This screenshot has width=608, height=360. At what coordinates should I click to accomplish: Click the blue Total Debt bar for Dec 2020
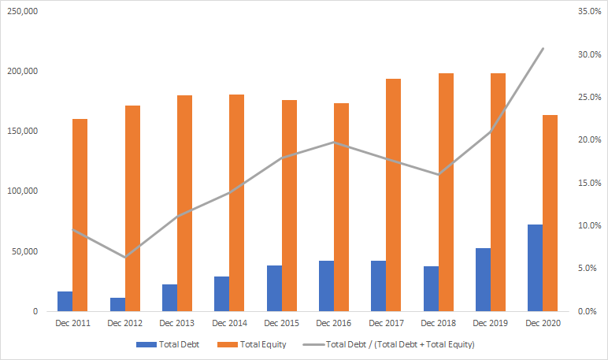(535, 268)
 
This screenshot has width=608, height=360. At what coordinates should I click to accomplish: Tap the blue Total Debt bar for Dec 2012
(117, 304)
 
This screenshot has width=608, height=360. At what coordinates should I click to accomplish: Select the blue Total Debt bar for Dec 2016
(326, 286)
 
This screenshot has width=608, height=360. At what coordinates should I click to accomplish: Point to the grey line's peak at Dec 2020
(543, 49)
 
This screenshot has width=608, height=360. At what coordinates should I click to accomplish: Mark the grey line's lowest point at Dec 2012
(125, 258)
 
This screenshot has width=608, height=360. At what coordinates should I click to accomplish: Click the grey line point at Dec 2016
(334, 143)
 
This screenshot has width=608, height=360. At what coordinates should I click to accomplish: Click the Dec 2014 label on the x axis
(229, 323)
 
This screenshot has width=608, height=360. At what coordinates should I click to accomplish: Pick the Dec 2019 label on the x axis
(490, 323)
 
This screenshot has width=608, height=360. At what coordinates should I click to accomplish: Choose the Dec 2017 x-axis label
(386, 323)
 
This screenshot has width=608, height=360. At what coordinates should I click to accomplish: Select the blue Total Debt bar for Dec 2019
(483, 280)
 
